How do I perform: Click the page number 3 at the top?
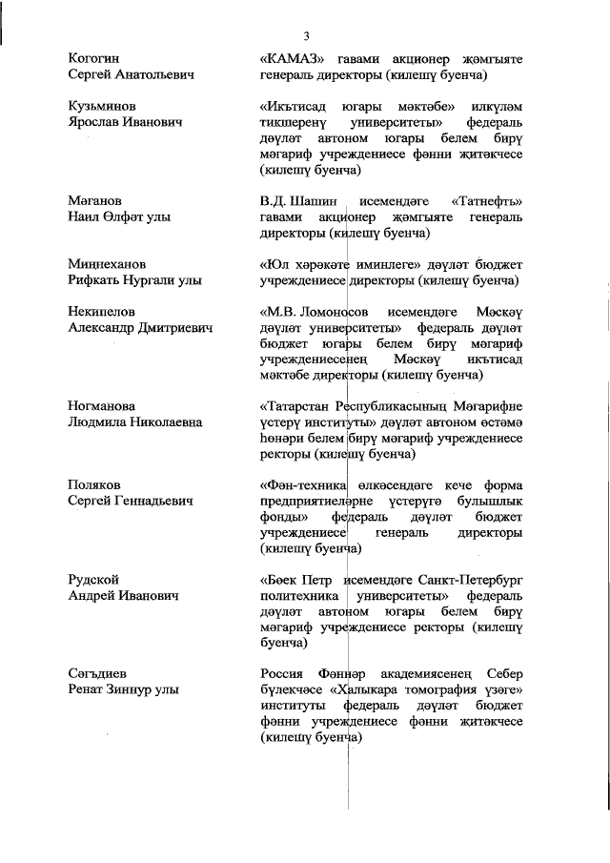(x=306, y=36)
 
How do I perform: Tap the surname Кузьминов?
(x=101, y=107)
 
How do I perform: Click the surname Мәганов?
(x=94, y=201)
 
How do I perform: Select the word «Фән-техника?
(x=302, y=484)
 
